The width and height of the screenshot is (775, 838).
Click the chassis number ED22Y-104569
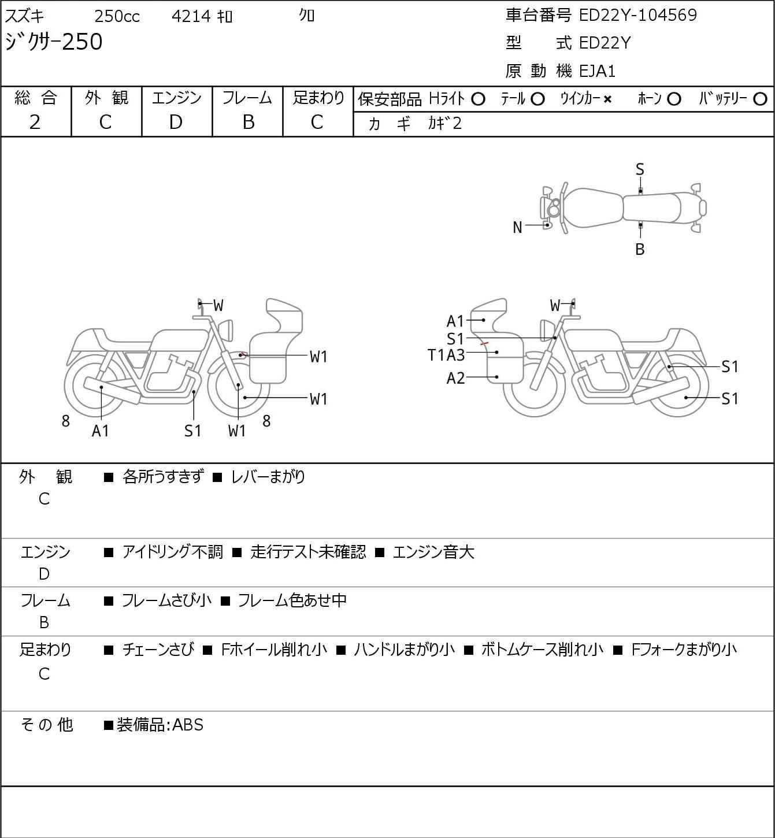(637, 15)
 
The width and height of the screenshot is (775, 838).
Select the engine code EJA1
(598, 71)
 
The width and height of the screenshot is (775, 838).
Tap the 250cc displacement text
(117, 16)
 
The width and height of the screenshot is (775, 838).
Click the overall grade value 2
(35, 123)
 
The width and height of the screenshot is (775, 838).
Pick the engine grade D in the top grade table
(176, 123)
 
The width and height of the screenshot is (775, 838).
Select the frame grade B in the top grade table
(248, 123)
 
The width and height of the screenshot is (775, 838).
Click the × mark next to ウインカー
(607, 99)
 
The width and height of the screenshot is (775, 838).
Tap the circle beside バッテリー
(760, 99)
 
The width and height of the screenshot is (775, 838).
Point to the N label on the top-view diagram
(517, 228)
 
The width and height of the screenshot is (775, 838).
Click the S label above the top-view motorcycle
(640, 170)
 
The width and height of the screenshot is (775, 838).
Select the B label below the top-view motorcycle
(640, 249)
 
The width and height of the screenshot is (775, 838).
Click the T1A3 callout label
(446, 355)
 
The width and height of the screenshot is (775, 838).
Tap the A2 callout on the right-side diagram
(456, 378)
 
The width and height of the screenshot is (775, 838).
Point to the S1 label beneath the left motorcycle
(193, 431)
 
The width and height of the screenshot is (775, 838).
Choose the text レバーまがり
(268, 477)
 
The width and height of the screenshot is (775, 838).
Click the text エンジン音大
(433, 552)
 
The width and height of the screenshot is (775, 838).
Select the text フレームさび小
(166, 600)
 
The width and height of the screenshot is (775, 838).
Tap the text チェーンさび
(158, 650)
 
